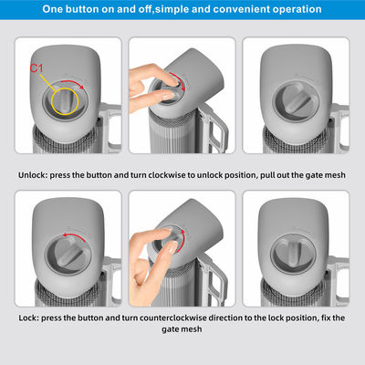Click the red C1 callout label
click(36, 68)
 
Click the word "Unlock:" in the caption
click(33, 175)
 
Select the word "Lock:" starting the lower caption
click(29, 318)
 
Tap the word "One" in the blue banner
click(53, 9)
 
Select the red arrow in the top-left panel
click(73, 83)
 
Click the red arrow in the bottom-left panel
click(74, 235)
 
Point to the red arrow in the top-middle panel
click(179, 79)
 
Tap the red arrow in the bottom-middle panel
click(182, 243)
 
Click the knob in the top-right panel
click(296, 100)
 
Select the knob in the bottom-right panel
click(293, 253)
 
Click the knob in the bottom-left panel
click(68, 254)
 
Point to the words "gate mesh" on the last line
click(182, 329)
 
